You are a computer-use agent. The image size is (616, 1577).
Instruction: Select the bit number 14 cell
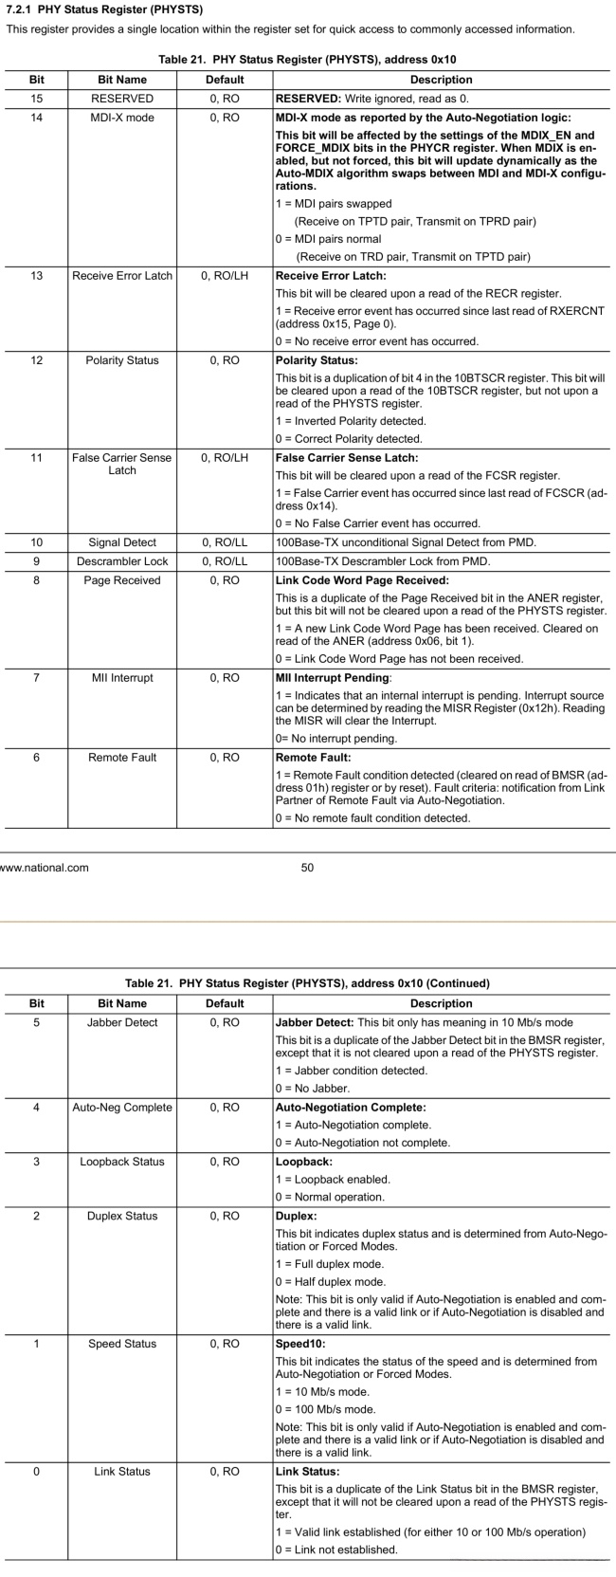pos(36,118)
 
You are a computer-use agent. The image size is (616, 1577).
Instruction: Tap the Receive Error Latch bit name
pos(122,276)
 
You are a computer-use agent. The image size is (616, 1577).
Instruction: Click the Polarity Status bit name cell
pos(122,360)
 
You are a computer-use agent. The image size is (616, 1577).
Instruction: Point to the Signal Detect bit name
pos(122,542)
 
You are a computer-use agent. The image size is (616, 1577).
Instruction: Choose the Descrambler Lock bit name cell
pos(122,561)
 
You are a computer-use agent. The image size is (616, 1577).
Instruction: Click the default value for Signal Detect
pos(225,542)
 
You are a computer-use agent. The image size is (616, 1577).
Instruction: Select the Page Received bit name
pos(122,580)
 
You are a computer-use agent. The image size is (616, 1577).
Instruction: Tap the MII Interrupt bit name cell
pos(122,678)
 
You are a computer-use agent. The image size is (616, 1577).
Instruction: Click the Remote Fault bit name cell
pos(122,758)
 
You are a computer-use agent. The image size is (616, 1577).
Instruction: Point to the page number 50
pos(307,867)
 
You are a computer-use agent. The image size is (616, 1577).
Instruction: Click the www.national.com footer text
pos(45,867)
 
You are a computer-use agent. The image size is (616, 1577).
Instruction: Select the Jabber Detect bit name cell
pos(122,1022)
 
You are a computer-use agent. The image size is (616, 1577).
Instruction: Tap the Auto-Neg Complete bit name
pos(122,1107)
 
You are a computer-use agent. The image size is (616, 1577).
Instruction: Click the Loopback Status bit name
pos(122,1162)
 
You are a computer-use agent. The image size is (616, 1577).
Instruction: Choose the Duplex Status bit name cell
pos(122,1216)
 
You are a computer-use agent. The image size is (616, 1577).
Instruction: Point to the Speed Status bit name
pos(122,1344)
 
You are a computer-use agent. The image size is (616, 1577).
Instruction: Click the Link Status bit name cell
pos(122,1472)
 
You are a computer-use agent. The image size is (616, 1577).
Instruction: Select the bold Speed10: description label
pos(302,1344)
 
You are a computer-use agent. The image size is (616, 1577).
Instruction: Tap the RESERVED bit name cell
pos(122,99)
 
